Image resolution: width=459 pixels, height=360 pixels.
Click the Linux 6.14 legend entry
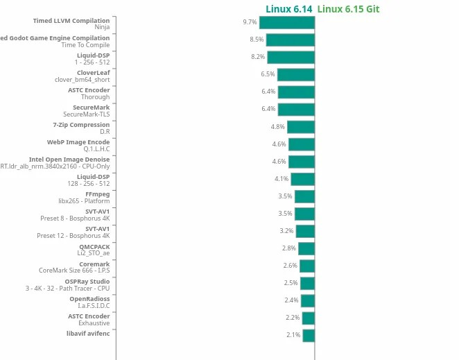point(288,9)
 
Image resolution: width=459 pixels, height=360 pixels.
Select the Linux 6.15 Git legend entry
point(348,9)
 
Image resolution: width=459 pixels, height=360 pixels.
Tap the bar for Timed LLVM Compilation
point(287,22)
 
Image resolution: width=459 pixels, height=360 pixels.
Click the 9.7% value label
point(250,22)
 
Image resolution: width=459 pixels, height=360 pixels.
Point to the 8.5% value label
point(257,40)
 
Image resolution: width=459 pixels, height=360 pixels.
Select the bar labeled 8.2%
point(291,57)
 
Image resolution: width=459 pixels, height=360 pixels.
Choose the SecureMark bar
point(296,109)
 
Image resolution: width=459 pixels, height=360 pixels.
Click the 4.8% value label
point(277,127)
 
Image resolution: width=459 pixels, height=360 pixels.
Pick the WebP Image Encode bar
point(301,144)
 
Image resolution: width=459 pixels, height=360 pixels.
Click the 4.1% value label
point(281,179)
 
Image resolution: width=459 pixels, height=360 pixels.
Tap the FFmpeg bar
point(304,196)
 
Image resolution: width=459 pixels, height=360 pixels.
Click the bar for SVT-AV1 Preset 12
point(305,231)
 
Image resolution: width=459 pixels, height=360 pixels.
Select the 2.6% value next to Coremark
point(290,266)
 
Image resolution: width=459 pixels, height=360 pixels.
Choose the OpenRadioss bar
point(307,300)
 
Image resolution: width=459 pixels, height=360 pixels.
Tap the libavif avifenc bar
point(308,335)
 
